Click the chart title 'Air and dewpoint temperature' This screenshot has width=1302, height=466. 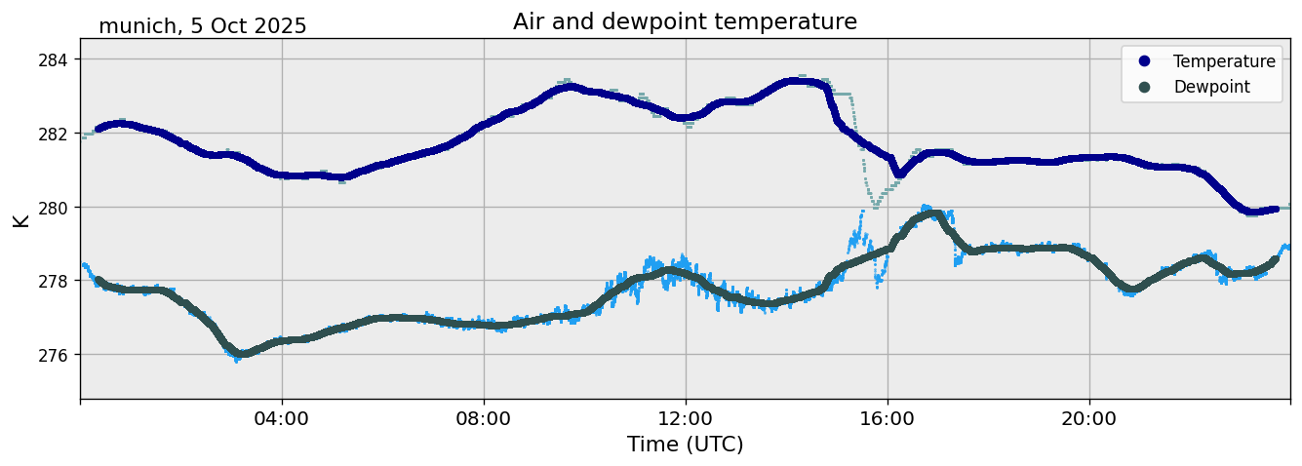(x=685, y=21)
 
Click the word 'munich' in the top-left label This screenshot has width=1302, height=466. (x=135, y=26)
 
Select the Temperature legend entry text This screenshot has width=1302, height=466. (x=1224, y=61)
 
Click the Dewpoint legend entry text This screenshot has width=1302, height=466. (x=1211, y=87)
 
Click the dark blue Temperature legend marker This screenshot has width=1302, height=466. (x=1145, y=61)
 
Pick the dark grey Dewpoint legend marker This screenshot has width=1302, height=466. (x=1145, y=87)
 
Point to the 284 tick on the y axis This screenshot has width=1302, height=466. (x=57, y=59)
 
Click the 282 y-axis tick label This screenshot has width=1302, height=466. (x=57, y=134)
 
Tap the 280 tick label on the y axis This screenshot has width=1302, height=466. (x=57, y=207)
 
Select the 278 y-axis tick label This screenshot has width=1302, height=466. (x=57, y=281)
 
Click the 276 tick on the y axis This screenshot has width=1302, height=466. (x=57, y=355)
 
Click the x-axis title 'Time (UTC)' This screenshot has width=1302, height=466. (x=685, y=445)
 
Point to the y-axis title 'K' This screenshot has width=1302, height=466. (x=21, y=219)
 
